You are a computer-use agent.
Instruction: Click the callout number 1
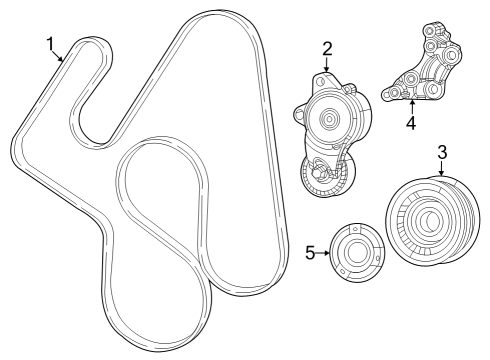49,43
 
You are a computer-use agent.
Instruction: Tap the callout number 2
327,48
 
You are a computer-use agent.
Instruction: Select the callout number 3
441,152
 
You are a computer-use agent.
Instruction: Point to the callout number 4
411,124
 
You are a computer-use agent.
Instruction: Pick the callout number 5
311,254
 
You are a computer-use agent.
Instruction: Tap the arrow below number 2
328,66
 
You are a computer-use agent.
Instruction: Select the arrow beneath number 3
441,170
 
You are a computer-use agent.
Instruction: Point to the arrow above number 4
411,107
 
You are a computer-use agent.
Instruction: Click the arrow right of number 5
326,254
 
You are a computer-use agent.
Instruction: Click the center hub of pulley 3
427,223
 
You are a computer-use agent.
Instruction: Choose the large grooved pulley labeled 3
428,222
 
